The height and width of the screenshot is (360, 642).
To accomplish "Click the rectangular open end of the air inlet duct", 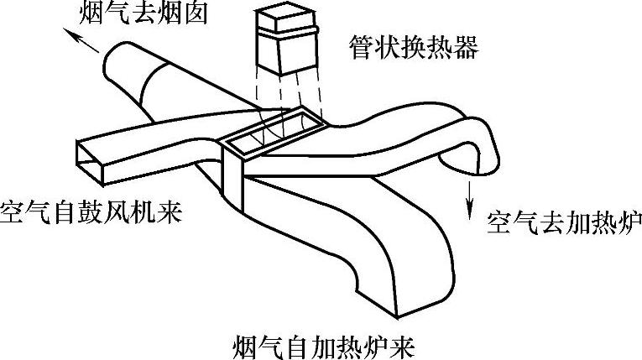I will (93, 160).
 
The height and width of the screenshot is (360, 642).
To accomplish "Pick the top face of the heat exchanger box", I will (289, 18).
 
